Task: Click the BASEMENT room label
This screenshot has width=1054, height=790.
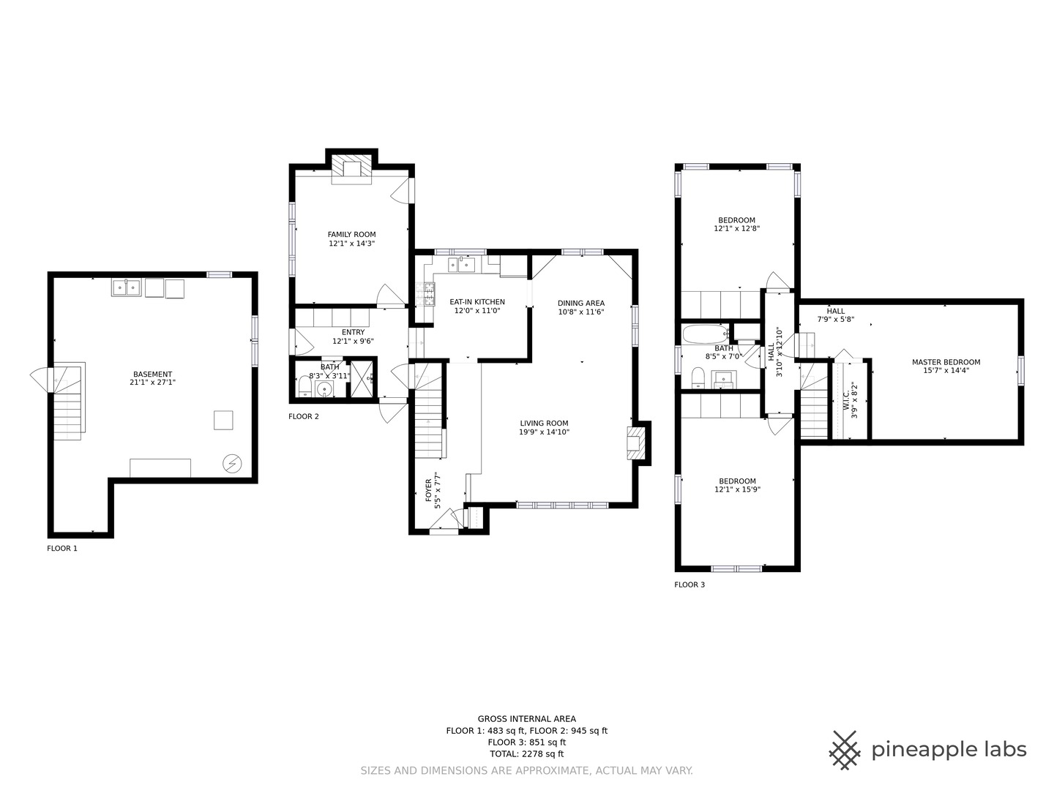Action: (x=152, y=374)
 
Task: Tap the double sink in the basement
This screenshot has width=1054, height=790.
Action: (x=127, y=287)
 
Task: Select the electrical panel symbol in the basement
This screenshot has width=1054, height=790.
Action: (x=232, y=463)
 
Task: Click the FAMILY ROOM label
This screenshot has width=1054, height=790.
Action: (x=351, y=235)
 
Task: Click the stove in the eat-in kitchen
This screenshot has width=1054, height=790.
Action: (x=425, y=294)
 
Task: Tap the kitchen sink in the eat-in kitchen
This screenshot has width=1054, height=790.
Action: (x=461, y=265)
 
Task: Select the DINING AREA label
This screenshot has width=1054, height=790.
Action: (x=580, y=303)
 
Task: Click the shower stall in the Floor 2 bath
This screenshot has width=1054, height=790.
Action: (x=362, y=378)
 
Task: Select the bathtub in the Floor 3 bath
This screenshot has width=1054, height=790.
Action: (x=706, y=334)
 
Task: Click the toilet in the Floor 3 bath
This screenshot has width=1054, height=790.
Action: (x=698, y=377)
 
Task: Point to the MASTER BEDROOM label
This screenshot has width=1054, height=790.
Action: (x=946, y=362)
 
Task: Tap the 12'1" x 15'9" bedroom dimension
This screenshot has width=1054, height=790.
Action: (x=737, y=490)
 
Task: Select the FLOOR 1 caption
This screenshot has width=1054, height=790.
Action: (x=62, y=549)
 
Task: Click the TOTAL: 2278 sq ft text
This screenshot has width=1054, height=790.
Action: (x=526, y=753)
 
